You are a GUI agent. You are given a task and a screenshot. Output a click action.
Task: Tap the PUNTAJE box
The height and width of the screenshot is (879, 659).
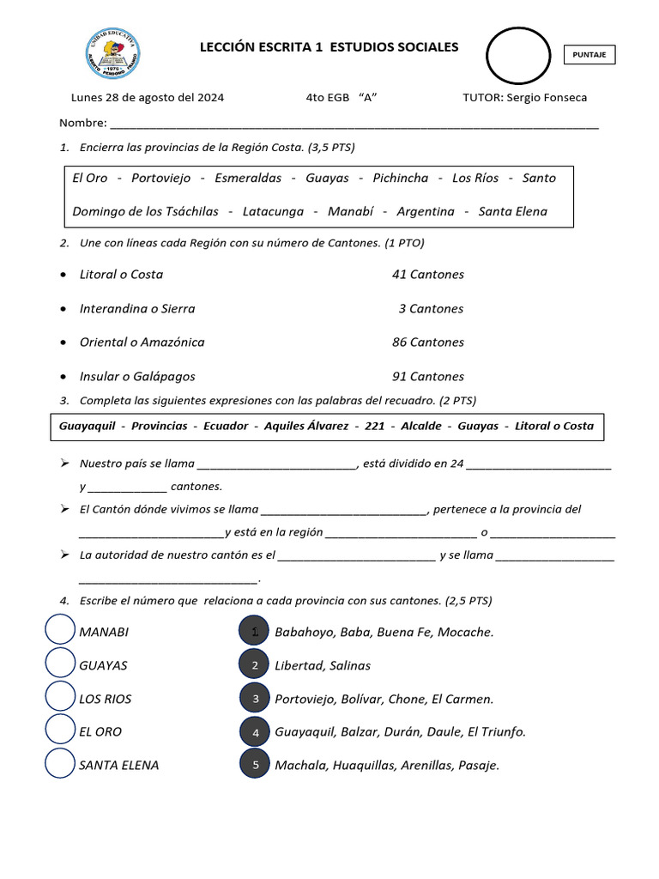click(589, 55)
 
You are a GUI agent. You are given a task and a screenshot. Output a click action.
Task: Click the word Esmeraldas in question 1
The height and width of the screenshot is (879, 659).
click(248, 178)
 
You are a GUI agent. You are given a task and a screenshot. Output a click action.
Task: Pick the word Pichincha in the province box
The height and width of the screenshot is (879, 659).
click(401, 178)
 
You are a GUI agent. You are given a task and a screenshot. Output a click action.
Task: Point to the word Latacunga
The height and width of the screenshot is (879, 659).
click(273, 211)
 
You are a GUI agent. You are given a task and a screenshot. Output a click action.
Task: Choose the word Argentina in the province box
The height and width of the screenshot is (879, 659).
click(426, 211)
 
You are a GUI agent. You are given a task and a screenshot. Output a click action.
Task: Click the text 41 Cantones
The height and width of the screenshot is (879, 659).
click(427, 275)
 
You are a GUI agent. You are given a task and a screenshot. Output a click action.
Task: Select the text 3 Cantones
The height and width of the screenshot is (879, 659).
click(431, 308)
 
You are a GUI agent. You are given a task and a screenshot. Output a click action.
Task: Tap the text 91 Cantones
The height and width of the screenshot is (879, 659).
click(427, 376)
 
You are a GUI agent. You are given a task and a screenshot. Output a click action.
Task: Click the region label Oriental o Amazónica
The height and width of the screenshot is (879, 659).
click(142, 342)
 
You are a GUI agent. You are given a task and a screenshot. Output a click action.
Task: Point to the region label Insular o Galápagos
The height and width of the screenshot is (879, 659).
click(137, 376)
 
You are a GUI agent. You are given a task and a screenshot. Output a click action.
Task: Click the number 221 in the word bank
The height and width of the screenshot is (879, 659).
click(375, 426)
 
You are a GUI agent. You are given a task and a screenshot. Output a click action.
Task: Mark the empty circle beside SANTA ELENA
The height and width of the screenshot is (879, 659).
click(59, 764)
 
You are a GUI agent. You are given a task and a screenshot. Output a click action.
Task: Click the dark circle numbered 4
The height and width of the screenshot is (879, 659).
click(255, 732)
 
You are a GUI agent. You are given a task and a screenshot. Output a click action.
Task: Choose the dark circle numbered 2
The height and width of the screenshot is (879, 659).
click(255, 665)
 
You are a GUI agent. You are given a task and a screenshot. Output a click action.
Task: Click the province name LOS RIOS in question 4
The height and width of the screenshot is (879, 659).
click(106, 699)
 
